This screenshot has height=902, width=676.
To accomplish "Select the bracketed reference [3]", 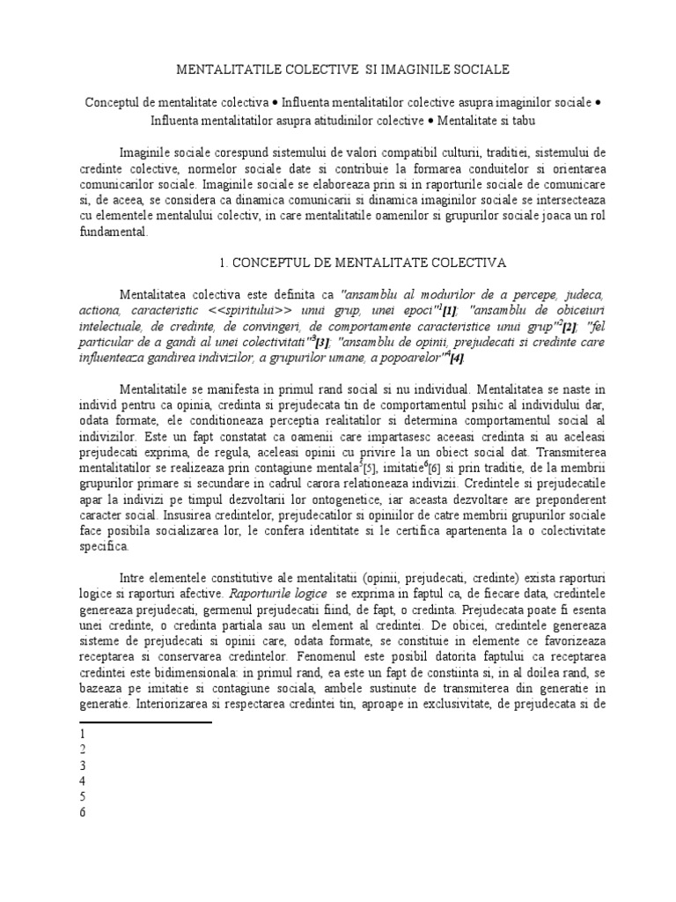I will coord(323,342).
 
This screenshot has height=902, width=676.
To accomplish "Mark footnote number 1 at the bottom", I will coord(82,734).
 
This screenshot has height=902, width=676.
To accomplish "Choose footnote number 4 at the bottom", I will coord(82,780).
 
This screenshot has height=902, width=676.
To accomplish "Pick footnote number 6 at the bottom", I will coord(82,812).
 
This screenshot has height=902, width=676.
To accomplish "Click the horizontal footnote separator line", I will coord(145,722).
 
